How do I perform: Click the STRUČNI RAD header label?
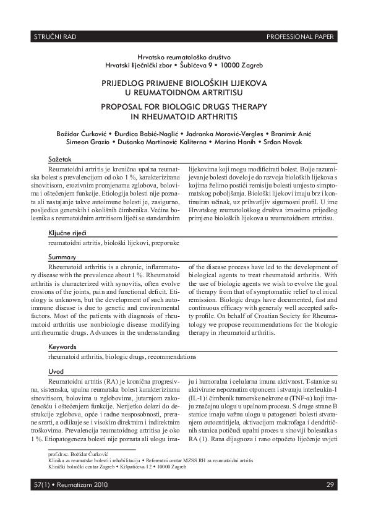click(x=54, y=37)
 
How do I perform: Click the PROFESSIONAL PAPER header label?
click(x=301, y=37)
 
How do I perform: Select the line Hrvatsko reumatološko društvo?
click(x=184, y=56)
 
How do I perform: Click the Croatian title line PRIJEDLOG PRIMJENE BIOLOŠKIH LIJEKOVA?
click(x=184, y=82)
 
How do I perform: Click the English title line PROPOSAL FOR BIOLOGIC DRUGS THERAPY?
click(x=184, y=106)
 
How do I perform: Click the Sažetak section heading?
click(x=60, y=160)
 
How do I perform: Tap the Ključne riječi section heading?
click(x=67, y=233)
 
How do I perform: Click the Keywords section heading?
click(x=64, y=347)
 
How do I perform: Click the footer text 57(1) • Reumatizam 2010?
click(x=70, y=484)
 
